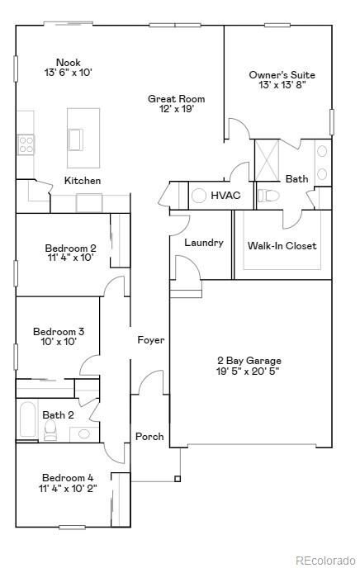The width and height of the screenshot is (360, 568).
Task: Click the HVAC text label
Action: click(225, 196)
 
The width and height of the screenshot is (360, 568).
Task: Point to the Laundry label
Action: click(203, 243)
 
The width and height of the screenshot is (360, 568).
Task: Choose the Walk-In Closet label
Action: click(282, 245)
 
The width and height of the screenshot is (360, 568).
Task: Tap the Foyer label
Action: click(150, 339)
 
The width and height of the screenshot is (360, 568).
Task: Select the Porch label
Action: click(149, 436)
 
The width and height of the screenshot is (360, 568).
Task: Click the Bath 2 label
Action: click(59, 414)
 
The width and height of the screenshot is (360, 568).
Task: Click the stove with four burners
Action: click(26, 145)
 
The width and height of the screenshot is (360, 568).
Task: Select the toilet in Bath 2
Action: click(50, 429)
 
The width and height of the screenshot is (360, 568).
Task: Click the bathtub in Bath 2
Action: click(26, 422)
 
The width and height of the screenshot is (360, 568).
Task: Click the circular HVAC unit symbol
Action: click(198, 196)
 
